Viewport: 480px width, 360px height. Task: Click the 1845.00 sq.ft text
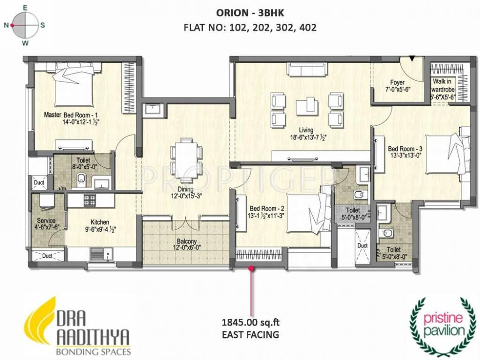point(250,322)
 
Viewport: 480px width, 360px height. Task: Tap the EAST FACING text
point(250,334)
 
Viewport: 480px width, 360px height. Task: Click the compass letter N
point(7,26)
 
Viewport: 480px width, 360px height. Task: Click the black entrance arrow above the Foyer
point(412,59)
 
